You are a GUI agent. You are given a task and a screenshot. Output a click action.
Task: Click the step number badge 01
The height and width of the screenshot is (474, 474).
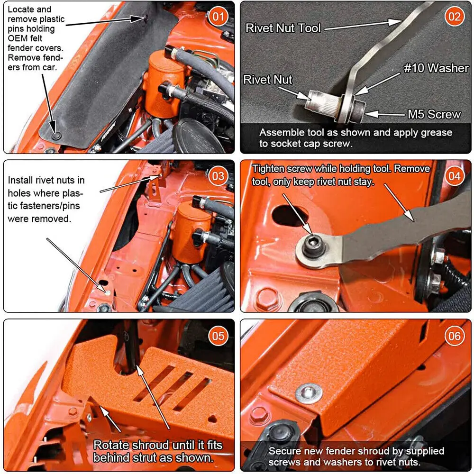pyautogui.click(x=218, y=16)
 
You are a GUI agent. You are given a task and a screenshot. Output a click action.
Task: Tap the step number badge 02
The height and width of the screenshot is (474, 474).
pyautogui.click(x=455, y=16)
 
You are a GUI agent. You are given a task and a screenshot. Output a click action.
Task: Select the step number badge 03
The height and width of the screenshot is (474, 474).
pyautogui.click(x=218, y=176)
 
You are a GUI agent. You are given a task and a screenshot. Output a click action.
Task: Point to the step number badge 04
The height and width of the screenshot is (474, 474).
pyautogui.click(x=455, y=176)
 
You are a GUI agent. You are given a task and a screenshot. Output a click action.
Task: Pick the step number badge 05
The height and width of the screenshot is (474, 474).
pyautogui.click(x=218, y=336)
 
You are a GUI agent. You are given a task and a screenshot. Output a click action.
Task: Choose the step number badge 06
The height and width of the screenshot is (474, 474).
pyautogui.click(x=455, y=336)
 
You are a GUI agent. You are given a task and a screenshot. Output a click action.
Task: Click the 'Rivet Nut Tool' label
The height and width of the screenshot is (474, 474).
pyautogui.click(x=283, y=28)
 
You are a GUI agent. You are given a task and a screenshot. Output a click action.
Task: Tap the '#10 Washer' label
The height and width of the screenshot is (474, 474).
pyautogui.click(x=436, y=68)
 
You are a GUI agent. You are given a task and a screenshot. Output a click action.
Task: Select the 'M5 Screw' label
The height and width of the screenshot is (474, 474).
pyautogui.click(x=434, y=114)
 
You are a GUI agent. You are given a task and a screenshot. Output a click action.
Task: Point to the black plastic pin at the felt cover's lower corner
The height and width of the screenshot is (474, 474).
pyautogui.click(x=56, y=136)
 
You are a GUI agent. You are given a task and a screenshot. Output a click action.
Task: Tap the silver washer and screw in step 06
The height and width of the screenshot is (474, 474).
pyautogui.click(x=309, y=392)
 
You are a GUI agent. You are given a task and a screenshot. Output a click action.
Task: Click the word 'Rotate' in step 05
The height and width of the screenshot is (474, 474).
pyautogui.click(x=111, y=445)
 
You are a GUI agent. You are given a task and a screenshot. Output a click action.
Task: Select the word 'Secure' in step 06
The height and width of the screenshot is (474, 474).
pyautogui.click(x=284, y=451)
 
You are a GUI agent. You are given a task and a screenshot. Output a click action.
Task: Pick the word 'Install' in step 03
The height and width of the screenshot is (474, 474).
pyautogui.click(x=20, y=180)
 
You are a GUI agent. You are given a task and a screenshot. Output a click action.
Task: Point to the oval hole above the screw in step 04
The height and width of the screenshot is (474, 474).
pyautogui.click(x=288, y=215)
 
